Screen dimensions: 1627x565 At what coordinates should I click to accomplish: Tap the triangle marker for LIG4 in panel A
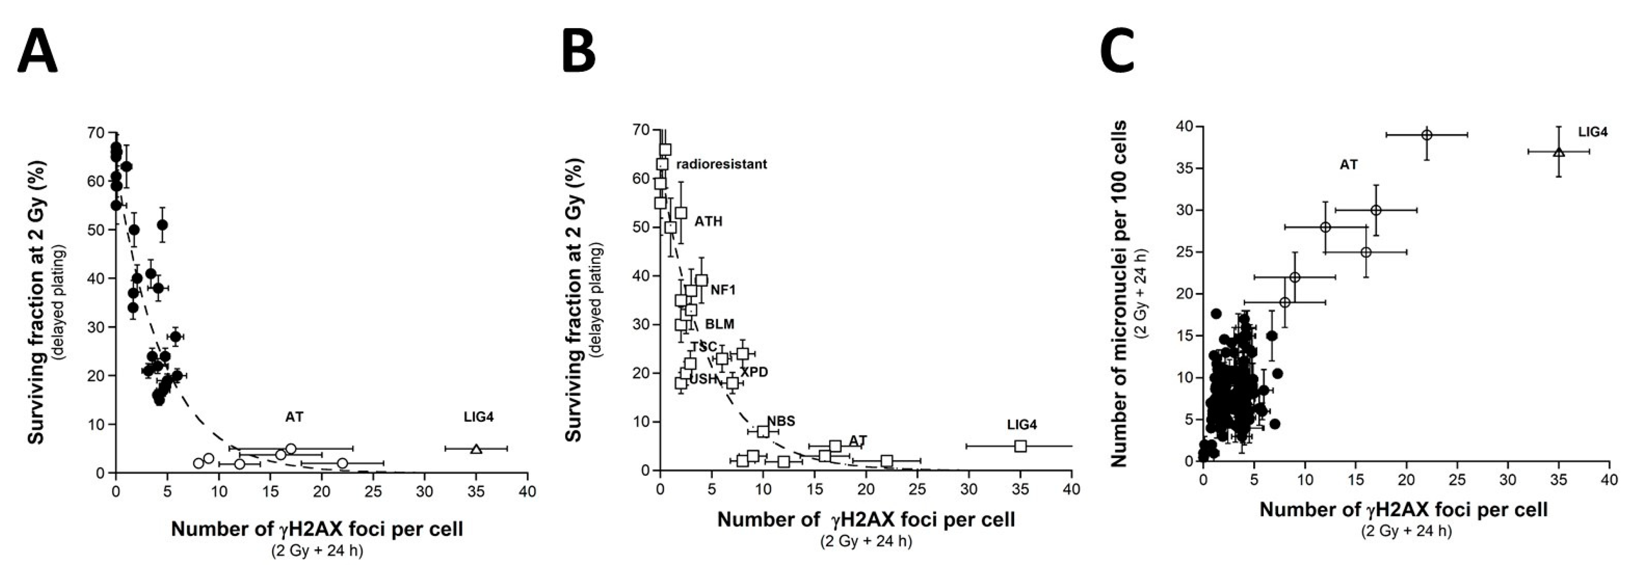[476, 449]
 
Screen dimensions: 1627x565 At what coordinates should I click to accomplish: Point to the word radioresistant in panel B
[721, 164]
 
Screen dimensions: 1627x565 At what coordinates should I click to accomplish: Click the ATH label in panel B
[709, 222]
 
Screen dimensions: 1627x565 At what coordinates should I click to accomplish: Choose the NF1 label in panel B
[723, 291]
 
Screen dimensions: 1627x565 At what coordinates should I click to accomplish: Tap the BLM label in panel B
[719, 324]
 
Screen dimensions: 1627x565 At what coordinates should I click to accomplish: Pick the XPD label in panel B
[755, 372]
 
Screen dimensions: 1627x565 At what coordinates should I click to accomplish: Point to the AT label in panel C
[1348, 165]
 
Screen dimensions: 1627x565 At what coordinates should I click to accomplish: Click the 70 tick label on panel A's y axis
[96, 132]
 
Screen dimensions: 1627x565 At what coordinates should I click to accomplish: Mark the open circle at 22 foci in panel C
[1426, 134]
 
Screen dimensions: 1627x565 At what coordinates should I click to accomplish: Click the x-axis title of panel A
[317, 529]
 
